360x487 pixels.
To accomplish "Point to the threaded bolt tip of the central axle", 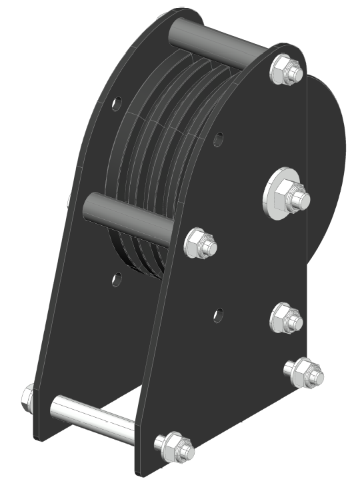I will (x=300, y=198).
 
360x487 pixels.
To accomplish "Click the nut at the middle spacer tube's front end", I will (x=198, y=244).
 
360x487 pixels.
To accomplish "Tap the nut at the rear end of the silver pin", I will (x=28, y=398).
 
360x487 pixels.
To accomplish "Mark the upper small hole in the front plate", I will (x=217, y=141).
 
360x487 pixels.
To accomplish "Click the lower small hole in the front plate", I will (x=218, y=314).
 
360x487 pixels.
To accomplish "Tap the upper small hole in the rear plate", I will (x=117, y=104).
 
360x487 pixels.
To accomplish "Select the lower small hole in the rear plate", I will (x=117, y=280).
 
